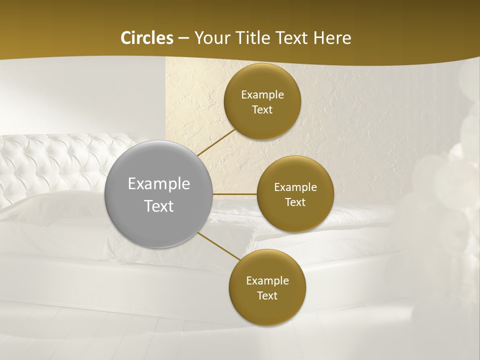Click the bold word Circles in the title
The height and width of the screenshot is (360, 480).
tap(147, 38)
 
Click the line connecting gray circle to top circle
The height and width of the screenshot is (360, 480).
tap(216, 142)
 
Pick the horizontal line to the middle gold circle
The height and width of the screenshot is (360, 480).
tap(235, 194)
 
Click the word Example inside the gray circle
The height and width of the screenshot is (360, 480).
tap(159, 184)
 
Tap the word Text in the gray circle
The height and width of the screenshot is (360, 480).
tap(159, 206)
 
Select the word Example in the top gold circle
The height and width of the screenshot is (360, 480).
tap(262, 95)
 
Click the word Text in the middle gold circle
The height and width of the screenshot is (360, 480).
tap(295, 202)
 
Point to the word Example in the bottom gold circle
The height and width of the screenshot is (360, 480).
tap(267, 281)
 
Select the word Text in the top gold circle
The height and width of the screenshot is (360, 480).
tap(262, 110)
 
